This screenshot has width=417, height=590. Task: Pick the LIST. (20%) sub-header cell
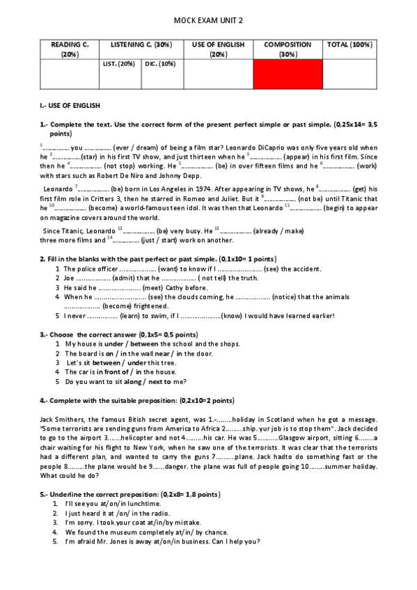118,64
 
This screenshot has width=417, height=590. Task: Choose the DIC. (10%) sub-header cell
160,64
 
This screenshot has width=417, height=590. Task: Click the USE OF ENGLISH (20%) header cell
218,49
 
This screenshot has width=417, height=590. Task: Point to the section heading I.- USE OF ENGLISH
70,105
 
